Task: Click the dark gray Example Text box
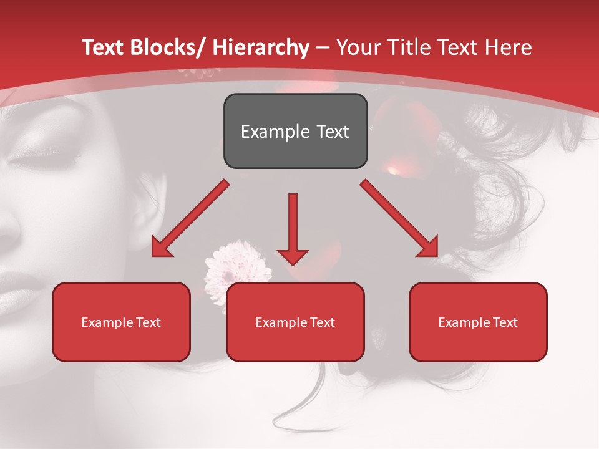coord(295,131)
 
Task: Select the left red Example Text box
coord(121,322)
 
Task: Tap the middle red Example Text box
coord(295,322)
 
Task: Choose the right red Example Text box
coord(478,322)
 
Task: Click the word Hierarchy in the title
coord(260,47)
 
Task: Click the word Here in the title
coord(508,47)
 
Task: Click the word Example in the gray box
coord(275,132)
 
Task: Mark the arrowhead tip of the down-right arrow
coord(436,256)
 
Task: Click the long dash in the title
coord(323,47)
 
